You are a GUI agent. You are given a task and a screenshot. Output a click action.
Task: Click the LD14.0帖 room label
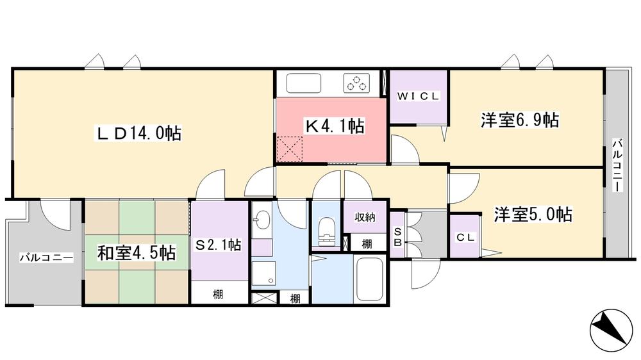click(138, 133)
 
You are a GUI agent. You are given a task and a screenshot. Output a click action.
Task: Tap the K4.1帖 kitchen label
click(334, 126)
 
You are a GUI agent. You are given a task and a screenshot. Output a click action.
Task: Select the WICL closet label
click(419, 97)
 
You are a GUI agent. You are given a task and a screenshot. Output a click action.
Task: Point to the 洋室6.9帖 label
click(519, 120)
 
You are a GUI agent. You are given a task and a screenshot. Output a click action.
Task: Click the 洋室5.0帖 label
click(533, 214)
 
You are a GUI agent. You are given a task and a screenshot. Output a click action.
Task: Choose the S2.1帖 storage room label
click(219, 245)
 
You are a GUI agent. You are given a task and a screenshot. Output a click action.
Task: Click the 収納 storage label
click(365, 217)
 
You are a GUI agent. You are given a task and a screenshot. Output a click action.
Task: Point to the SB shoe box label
click(397, 236)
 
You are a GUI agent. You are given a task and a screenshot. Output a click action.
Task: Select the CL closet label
click(465, 237)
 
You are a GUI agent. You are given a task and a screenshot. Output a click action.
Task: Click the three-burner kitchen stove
click(358, 84)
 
